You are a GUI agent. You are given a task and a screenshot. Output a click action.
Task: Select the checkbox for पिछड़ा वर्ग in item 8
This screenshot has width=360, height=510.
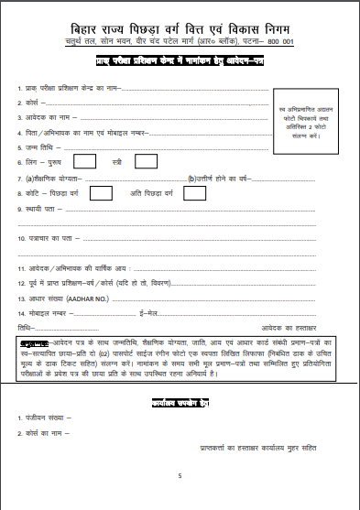point(101,192)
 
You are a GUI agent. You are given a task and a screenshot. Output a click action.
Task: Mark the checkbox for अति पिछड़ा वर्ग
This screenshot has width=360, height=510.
point(179,192)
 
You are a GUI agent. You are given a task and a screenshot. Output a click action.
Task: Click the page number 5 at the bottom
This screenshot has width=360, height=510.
point(180,475)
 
